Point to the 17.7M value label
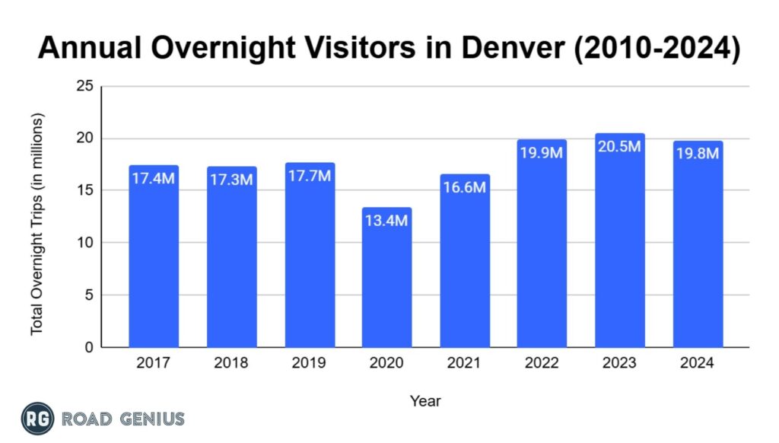310,176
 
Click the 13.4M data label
386,221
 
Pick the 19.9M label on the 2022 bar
542,153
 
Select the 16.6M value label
464,187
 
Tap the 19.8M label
698,155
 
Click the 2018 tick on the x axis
231,363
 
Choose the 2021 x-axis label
464,363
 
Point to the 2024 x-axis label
698,363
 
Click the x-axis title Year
425,400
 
